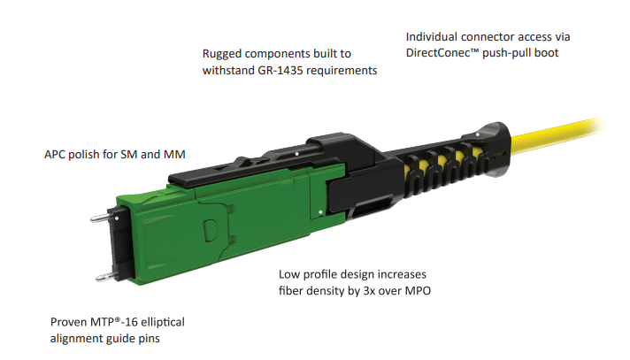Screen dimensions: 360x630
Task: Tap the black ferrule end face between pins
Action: click(x=121, y=245)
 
